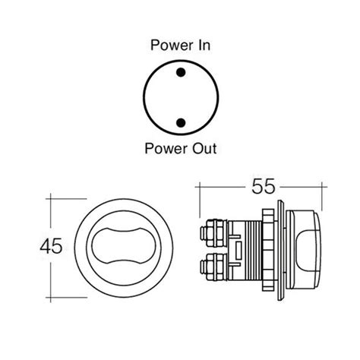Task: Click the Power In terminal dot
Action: (181, 73)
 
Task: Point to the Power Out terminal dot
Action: (181, 122)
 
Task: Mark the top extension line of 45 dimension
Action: (64, 197)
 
